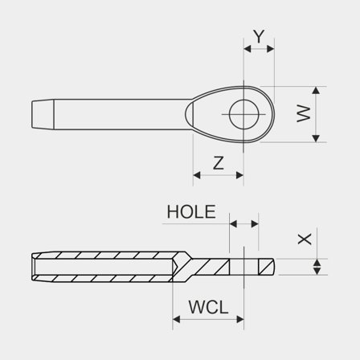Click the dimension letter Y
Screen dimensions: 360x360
point(258,37)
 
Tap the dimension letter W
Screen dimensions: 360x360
point(302,114)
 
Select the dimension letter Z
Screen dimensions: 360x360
point(218,162)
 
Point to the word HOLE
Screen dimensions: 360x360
point(190,212)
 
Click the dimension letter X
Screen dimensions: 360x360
point(303,239)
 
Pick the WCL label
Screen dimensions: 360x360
point(208,307)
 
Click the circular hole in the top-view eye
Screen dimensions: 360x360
point(244,114)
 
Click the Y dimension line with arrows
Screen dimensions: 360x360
point(258,49)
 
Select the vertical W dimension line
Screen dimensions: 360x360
point(317,114)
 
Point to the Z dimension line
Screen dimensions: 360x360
point(218,174)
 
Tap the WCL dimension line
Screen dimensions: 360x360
point(208,319)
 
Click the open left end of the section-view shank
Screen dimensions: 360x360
point(35,266)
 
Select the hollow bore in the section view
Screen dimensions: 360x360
point(104,266)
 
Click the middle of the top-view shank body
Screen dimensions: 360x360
point(121,114)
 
